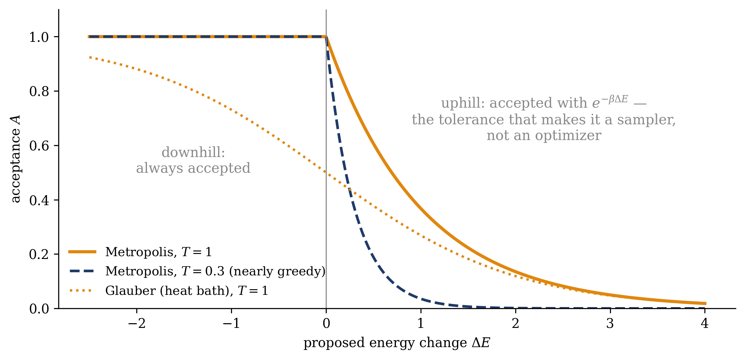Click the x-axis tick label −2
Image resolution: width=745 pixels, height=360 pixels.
click(137, 323)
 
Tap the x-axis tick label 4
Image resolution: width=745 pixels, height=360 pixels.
click(705, 323)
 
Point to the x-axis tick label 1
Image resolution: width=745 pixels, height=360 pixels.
click(421, 323)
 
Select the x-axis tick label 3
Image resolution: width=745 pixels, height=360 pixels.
click(610, 323)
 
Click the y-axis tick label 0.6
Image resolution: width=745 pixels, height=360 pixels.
click(39, 146)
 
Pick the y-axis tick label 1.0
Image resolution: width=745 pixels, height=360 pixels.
click(39, 37)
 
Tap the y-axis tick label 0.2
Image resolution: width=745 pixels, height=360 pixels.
click(39, 254)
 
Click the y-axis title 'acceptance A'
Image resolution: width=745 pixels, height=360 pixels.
click(15, 159)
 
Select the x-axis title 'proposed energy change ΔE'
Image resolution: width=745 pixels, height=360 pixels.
click(397, 343)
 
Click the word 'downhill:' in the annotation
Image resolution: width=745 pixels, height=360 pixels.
click(193, 153)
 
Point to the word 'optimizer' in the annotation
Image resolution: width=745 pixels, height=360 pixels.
click(568, 136)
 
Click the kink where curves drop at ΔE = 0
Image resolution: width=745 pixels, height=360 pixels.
click(326, 37)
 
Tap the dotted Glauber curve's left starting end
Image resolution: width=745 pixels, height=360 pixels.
click(89, 57)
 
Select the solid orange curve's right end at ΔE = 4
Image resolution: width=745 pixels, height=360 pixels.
click(705, 304)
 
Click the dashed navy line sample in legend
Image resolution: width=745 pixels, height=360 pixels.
click(82, 271)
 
